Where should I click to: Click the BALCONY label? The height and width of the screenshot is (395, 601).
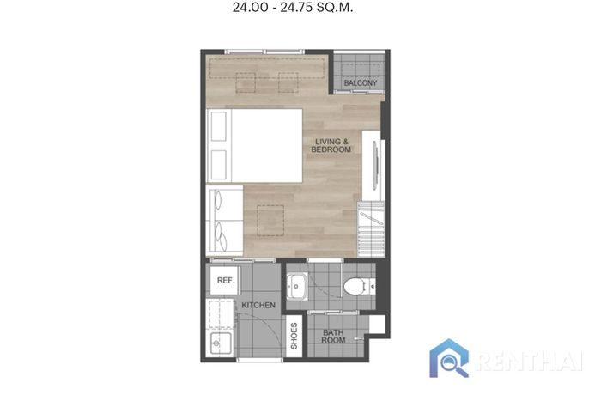(x=361, y=82)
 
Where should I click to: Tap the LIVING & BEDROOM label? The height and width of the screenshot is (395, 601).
(x=331, y=145)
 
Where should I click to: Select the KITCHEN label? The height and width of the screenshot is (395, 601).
(x=258, y=305)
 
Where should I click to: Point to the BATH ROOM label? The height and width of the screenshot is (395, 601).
(x=333, y=337)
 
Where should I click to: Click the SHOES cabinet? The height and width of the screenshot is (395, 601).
(x=294, y=337)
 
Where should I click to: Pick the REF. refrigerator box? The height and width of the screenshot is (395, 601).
(x=225, y=280)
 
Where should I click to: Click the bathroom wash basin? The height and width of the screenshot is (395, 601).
(x=297, y=286)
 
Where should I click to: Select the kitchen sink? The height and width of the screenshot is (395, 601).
(x=222, y=343)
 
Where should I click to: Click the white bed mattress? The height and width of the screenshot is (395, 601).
(x=267, y=145)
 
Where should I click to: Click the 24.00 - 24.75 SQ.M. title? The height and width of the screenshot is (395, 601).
(x=293, y=7)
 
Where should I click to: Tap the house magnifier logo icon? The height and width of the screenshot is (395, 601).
(x=449, y=358)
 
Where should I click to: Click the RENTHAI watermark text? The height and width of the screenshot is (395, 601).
(x=531, y=361)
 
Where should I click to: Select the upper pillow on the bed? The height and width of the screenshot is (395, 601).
(x=219, y=126)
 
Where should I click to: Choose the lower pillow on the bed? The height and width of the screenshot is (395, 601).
(x=219, y=165)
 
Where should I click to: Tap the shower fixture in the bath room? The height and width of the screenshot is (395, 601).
(x=359, y=338)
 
